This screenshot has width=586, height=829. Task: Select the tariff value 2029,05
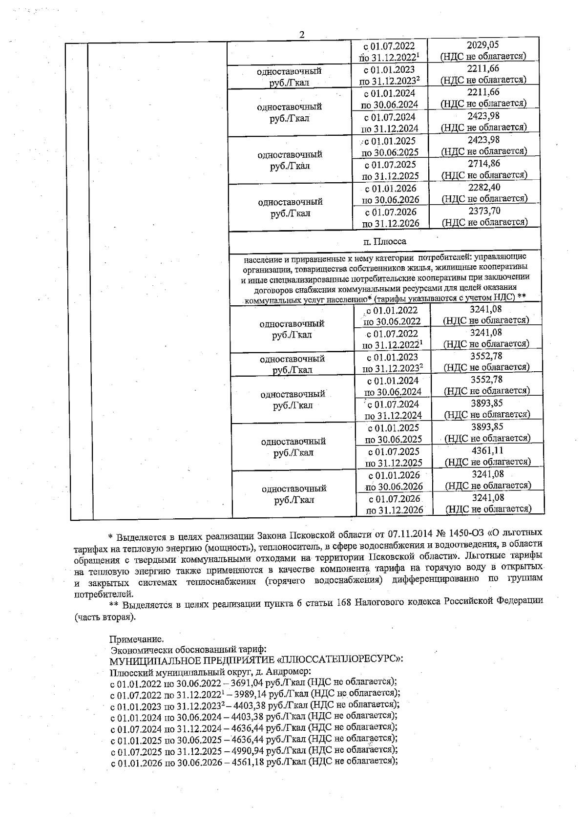[483, 45]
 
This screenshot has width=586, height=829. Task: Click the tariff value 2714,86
[484, 164]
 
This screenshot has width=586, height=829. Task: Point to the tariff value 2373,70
[484, 211]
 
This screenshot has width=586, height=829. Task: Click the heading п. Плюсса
[385, 241]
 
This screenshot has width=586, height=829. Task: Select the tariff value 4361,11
[487, 450]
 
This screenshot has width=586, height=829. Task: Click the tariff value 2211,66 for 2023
[483, 68]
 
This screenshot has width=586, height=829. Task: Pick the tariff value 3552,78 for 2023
[486, 356]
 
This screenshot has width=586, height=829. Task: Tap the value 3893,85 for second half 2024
[486, 403]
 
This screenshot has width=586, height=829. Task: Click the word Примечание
[136, 639]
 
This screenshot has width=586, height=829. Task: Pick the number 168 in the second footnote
[344, 604]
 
